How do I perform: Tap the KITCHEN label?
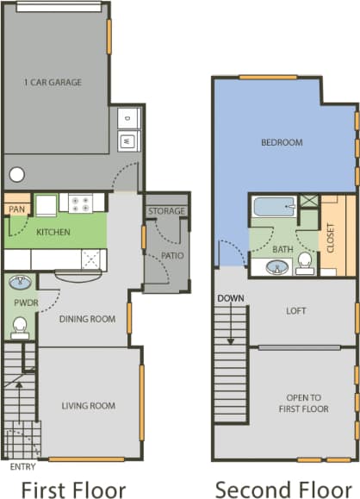53,232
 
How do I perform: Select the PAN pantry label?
16,209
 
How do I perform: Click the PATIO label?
171,255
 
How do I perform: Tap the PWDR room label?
21,303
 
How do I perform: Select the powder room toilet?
21,327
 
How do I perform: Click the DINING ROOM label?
87,319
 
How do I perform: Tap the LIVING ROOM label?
88,405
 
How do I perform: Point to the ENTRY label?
22,466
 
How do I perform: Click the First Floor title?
73,488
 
